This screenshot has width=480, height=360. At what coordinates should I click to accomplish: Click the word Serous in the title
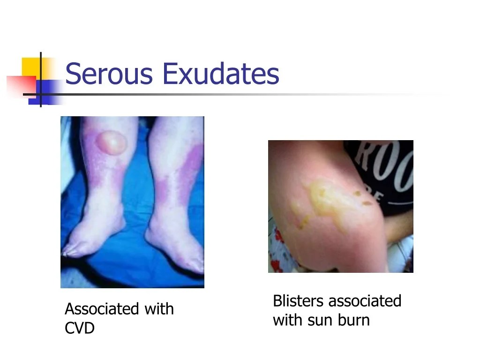pos(109,74)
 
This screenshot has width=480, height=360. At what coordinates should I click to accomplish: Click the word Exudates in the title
pos(221,74)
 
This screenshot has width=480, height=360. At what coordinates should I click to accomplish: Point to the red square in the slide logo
pos(22,86)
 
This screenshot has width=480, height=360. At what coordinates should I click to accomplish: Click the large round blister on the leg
pos(111,142)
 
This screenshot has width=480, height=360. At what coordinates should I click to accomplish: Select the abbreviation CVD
pos(80,328)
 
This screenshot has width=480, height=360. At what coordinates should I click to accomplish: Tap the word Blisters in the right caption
pos(298,300)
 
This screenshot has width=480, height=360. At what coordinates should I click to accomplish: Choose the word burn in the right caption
pos(353,320)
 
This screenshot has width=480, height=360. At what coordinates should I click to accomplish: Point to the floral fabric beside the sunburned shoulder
pos(277,251)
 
